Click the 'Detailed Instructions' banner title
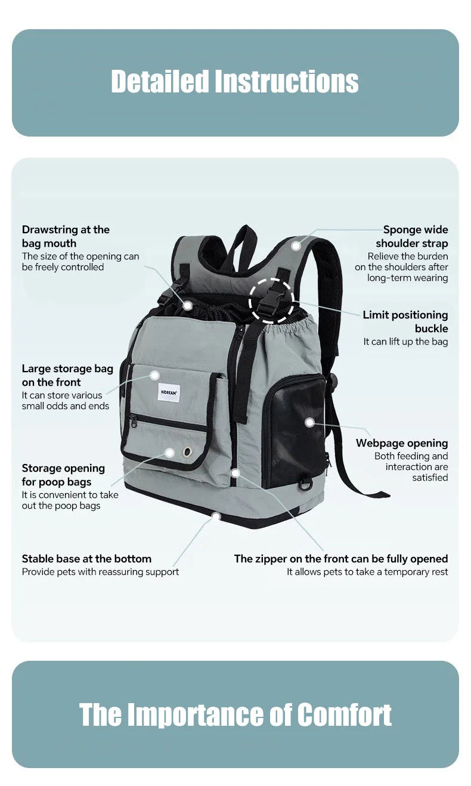(x=235, y=82)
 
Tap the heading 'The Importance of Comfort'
(x=235, y=714)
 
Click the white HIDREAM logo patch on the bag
(x=169, y=392)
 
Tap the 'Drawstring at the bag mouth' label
(x=66, y=236)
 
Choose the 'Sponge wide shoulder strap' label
(x=411, y=236)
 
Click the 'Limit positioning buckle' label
(x=405, y=321)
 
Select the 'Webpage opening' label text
(x=402, y=443)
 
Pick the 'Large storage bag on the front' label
(x=67, y=375)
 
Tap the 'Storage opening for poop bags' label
(x=63, y=475)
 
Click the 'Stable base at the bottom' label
(x=86, y=559)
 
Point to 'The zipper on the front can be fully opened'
(x=340, y=559)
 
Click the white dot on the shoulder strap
(x=296, y=246)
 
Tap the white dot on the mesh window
(x=309, y=422)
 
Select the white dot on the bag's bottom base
(x=216, y=516)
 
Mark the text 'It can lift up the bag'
(x=405, y=342)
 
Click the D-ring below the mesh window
(x=306, y=484)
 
